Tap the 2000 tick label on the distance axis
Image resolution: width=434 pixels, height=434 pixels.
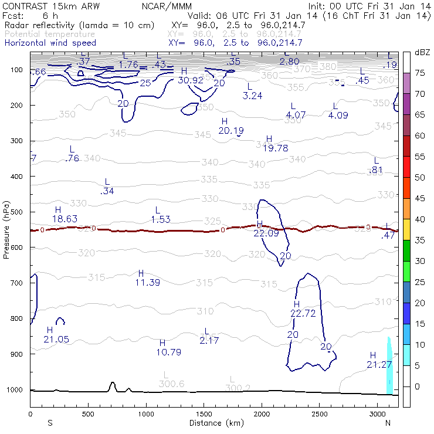tap(261, 413)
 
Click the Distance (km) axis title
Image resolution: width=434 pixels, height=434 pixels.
tap(213, 422)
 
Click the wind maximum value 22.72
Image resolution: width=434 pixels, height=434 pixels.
tap(303, 313)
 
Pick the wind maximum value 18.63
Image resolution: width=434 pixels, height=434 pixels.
tap(65, 218)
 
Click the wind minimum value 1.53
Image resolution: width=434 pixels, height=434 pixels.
tap(160, 219)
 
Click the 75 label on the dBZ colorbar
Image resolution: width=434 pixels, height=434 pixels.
tap(419, 73)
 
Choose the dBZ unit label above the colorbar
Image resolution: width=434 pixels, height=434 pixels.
tap(422, 52)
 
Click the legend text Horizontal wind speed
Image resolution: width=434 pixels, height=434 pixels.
tap(50, 43)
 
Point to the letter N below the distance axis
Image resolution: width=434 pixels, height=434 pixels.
tap(388, 423)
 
